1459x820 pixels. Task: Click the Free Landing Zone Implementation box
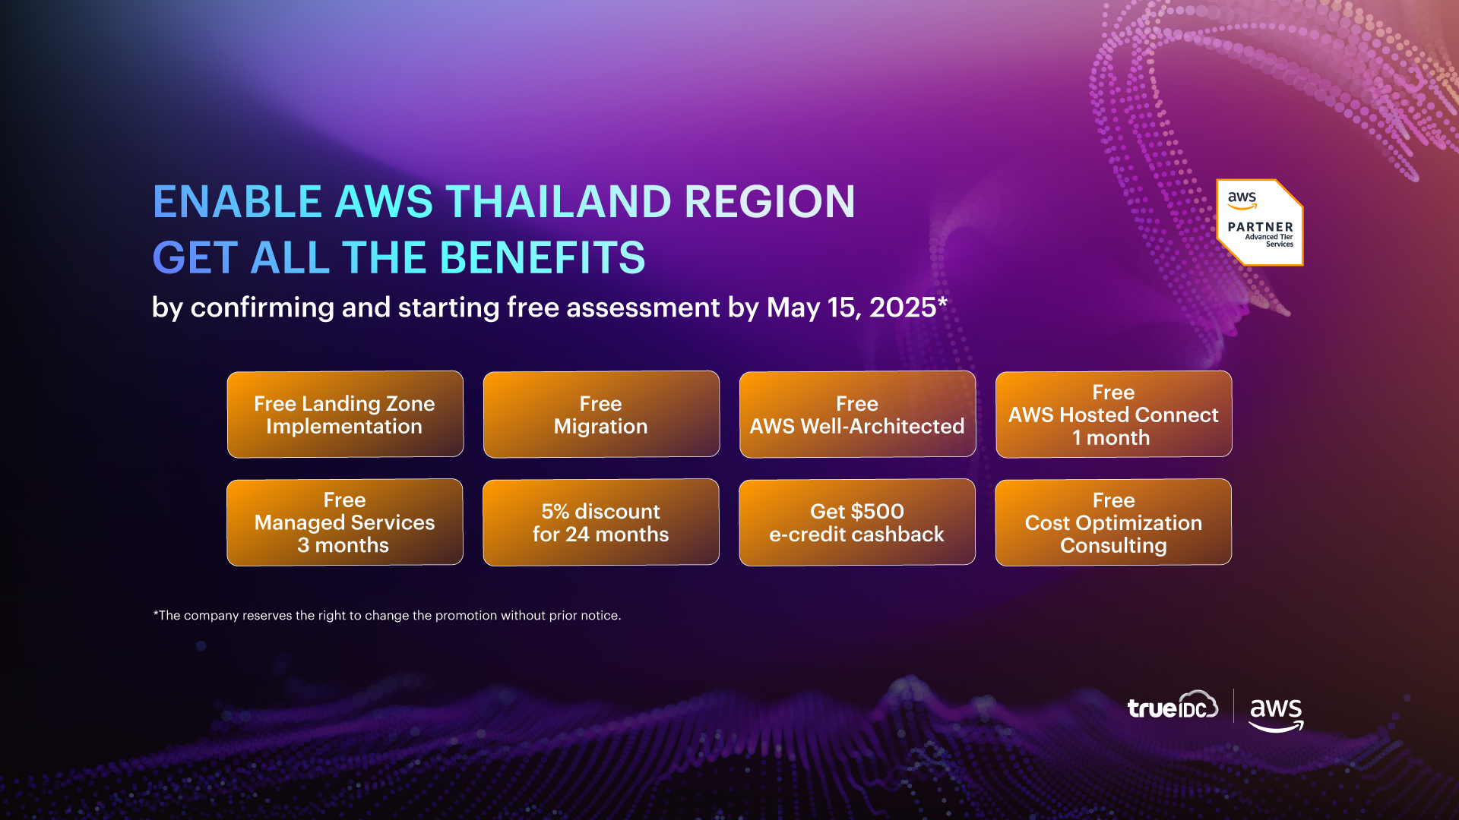tap(345, 415)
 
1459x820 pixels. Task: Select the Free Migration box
tap(601, 415)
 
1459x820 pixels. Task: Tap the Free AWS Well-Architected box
tap(857, 415)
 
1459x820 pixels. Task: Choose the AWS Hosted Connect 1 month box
tap(1113, 415)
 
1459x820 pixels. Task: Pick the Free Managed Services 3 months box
tap(345, 522)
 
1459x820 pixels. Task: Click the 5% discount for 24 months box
tap(601, 522)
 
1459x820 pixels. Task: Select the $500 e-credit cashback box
tap(857, 522)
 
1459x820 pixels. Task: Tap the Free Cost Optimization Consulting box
tap(1113, 522)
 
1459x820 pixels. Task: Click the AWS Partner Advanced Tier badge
tap(1260, 222)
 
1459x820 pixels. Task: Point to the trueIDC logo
tap(1173, 706)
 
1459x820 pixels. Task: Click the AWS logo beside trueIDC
tap(1277, 714)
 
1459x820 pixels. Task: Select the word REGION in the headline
tap(770, 202)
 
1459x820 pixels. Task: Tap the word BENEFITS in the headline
tap(543, 258)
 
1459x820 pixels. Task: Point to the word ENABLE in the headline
tap(237, 202)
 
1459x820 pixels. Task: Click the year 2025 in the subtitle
tap(903, 307)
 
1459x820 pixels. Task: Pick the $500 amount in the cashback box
tap(877, 511)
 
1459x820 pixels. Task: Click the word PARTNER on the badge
tap(1260, 227)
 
